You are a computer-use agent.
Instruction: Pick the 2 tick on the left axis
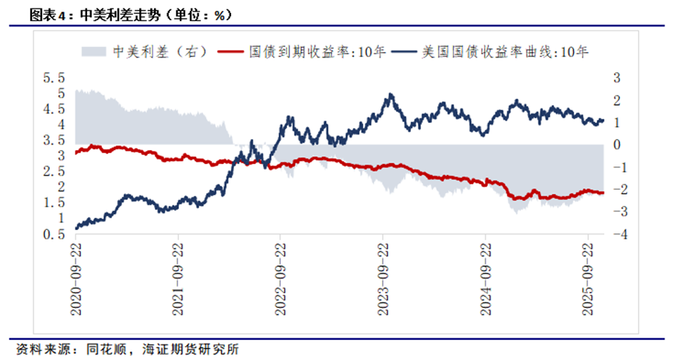[x=59, y=187]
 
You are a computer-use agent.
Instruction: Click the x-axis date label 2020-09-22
[x=75, y=277]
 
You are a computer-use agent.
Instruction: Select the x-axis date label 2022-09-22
[x=281, y=277]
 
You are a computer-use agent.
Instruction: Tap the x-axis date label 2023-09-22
[x=384, y=277]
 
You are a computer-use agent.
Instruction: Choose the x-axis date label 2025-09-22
[x=589, y=277]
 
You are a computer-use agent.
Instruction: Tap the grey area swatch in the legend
[x=93, y=52]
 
